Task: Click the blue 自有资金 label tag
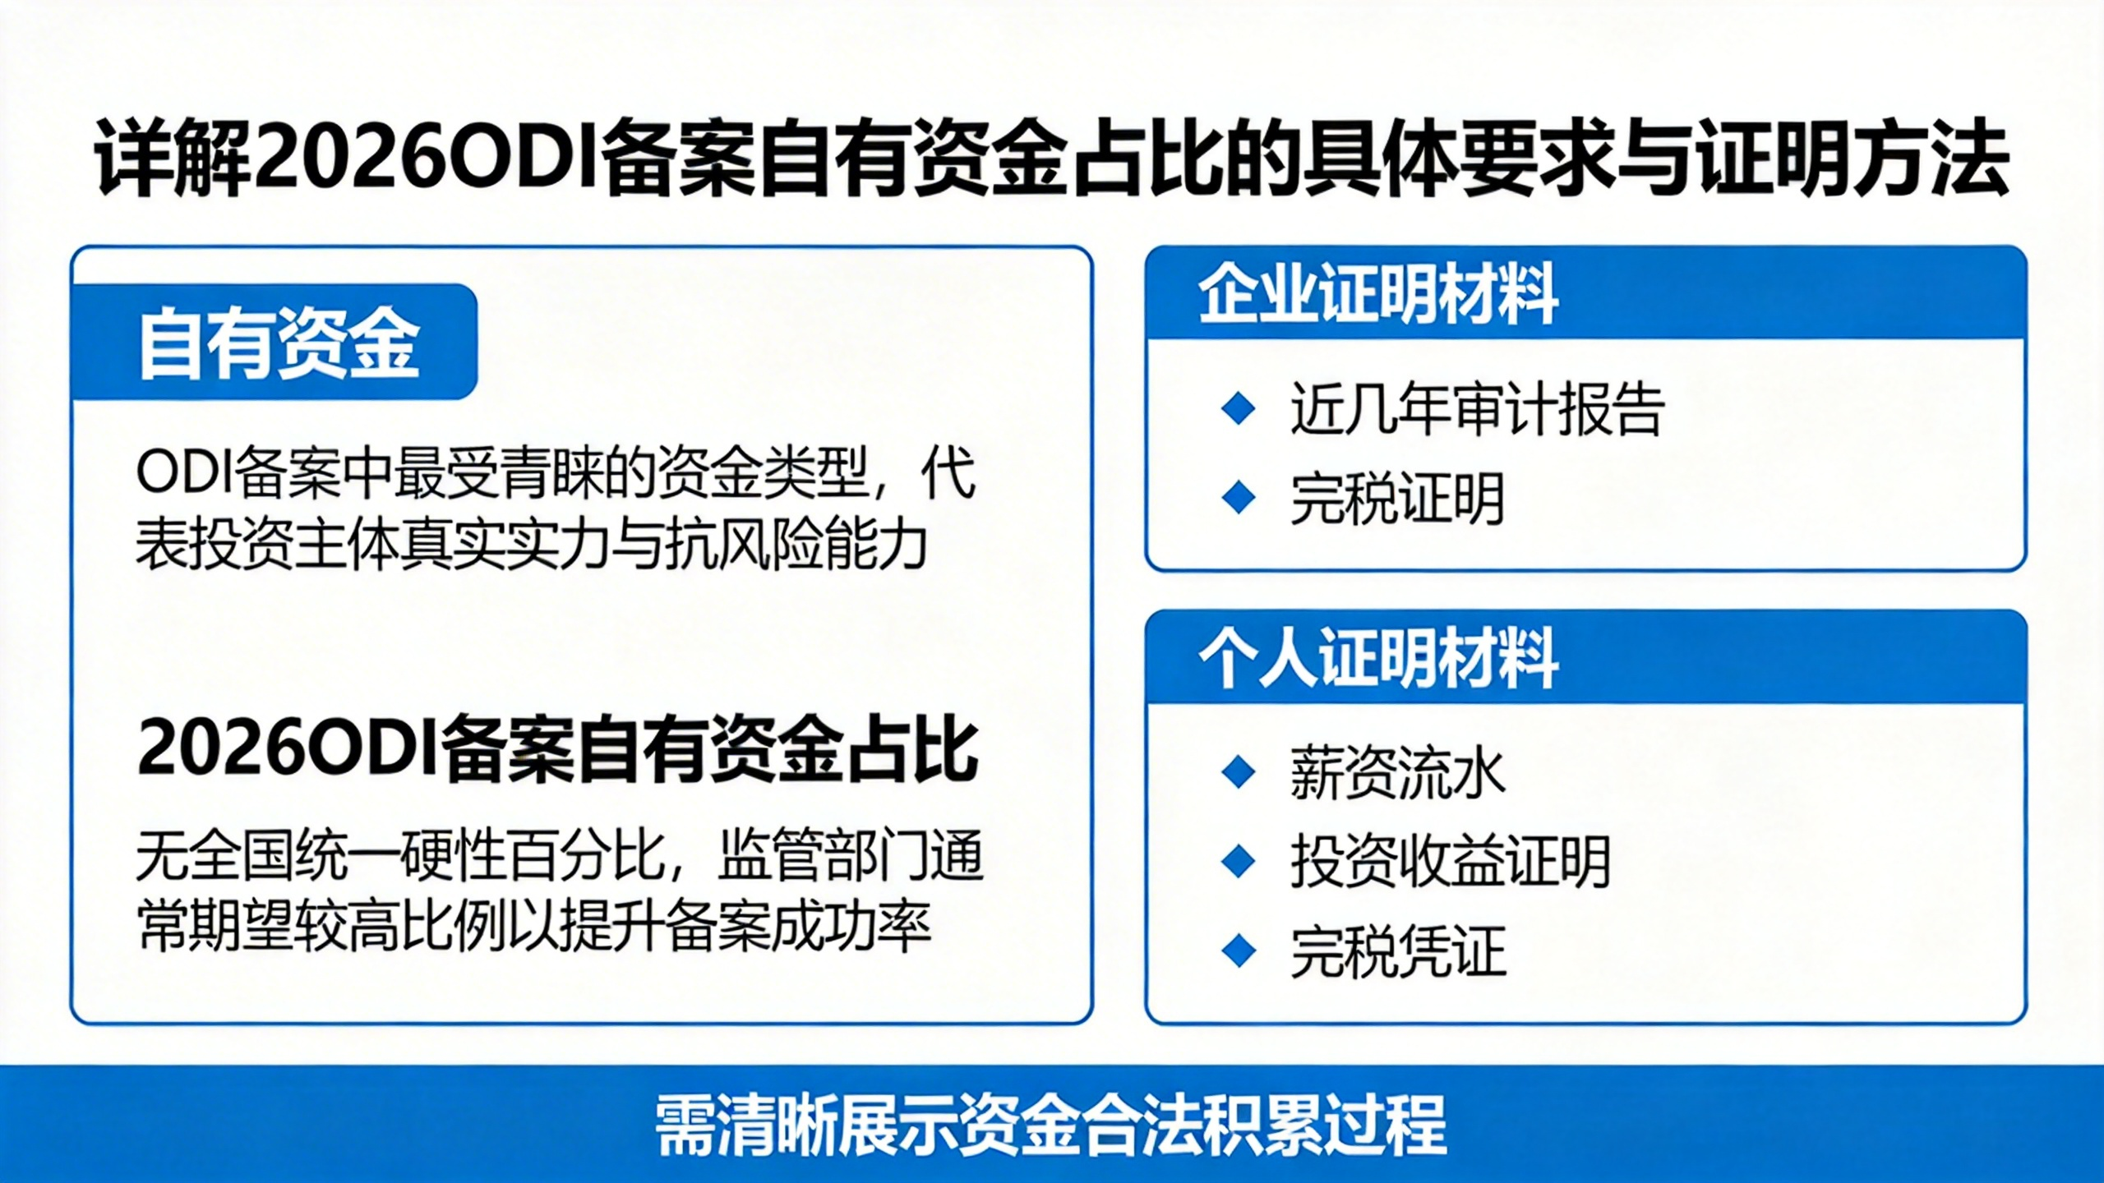click(275, 342)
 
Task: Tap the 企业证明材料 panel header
click(1585, 293)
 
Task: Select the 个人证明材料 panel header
click(1585, 657)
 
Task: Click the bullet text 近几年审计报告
click(1477, 409)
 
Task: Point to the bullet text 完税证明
click(1397, 498)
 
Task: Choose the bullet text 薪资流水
click(1397, 773)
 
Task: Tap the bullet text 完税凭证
click(1397, 951)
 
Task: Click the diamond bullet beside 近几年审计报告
click(1239, 409)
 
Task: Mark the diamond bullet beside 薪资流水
click(1239, 773)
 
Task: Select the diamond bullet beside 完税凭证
click(1239, 951)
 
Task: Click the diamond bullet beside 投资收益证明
click(1239, 862)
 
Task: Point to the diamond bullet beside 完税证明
click(1239, 498)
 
